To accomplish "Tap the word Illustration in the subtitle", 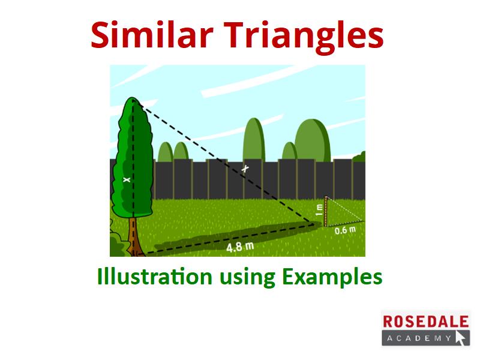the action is tap(155, 276).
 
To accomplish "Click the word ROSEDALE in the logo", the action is tap(426, 322).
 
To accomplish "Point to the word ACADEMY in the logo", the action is tap(419, 338).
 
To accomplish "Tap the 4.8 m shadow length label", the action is tap(241, 247).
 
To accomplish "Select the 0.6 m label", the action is tap(346, 230).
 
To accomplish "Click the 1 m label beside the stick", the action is tap(319, 210).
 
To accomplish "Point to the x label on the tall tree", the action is tap(127, 179).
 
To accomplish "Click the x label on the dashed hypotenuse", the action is tap(245, 169).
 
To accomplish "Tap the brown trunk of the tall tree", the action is tap(133, 236).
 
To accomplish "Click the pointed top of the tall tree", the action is tap(133, 98).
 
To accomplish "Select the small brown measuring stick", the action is tap(326, 211).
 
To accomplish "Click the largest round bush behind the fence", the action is tap(312, 140).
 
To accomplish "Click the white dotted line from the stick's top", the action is tap(344, 208).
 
